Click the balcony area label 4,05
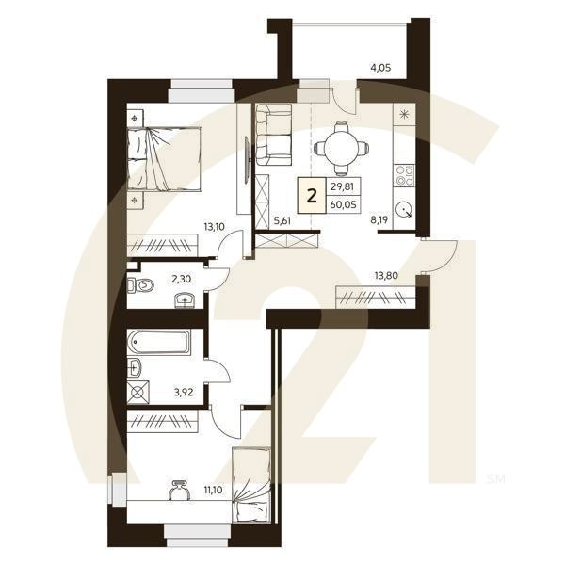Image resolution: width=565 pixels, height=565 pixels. tap(380, 68)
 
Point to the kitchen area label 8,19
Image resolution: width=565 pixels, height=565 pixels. tap(380, 220)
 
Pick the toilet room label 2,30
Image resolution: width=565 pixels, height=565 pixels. tap(181, 279)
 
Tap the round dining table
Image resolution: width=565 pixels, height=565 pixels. tap(339, 146)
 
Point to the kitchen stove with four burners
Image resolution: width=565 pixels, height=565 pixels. tap(406, 175)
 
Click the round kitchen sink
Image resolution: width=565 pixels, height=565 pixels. tap(406, 210)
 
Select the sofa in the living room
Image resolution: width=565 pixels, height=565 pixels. tap(273, 135)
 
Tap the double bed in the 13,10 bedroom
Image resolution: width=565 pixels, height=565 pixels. tap(166, 159)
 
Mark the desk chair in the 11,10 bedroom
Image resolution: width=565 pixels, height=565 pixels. tap(179, 491)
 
